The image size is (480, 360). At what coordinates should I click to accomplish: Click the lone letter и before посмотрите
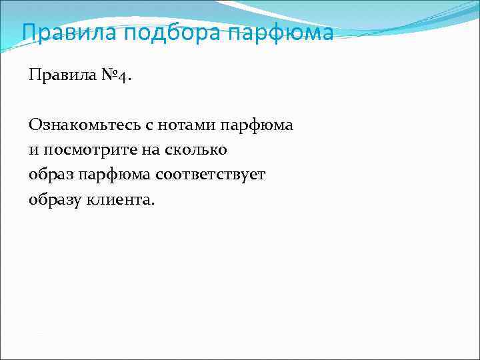33,150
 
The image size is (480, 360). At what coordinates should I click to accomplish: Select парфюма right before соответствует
114,175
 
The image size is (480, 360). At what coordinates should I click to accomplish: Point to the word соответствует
211,175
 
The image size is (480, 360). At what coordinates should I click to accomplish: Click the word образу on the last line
55,200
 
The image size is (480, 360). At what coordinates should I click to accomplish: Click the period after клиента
152,203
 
